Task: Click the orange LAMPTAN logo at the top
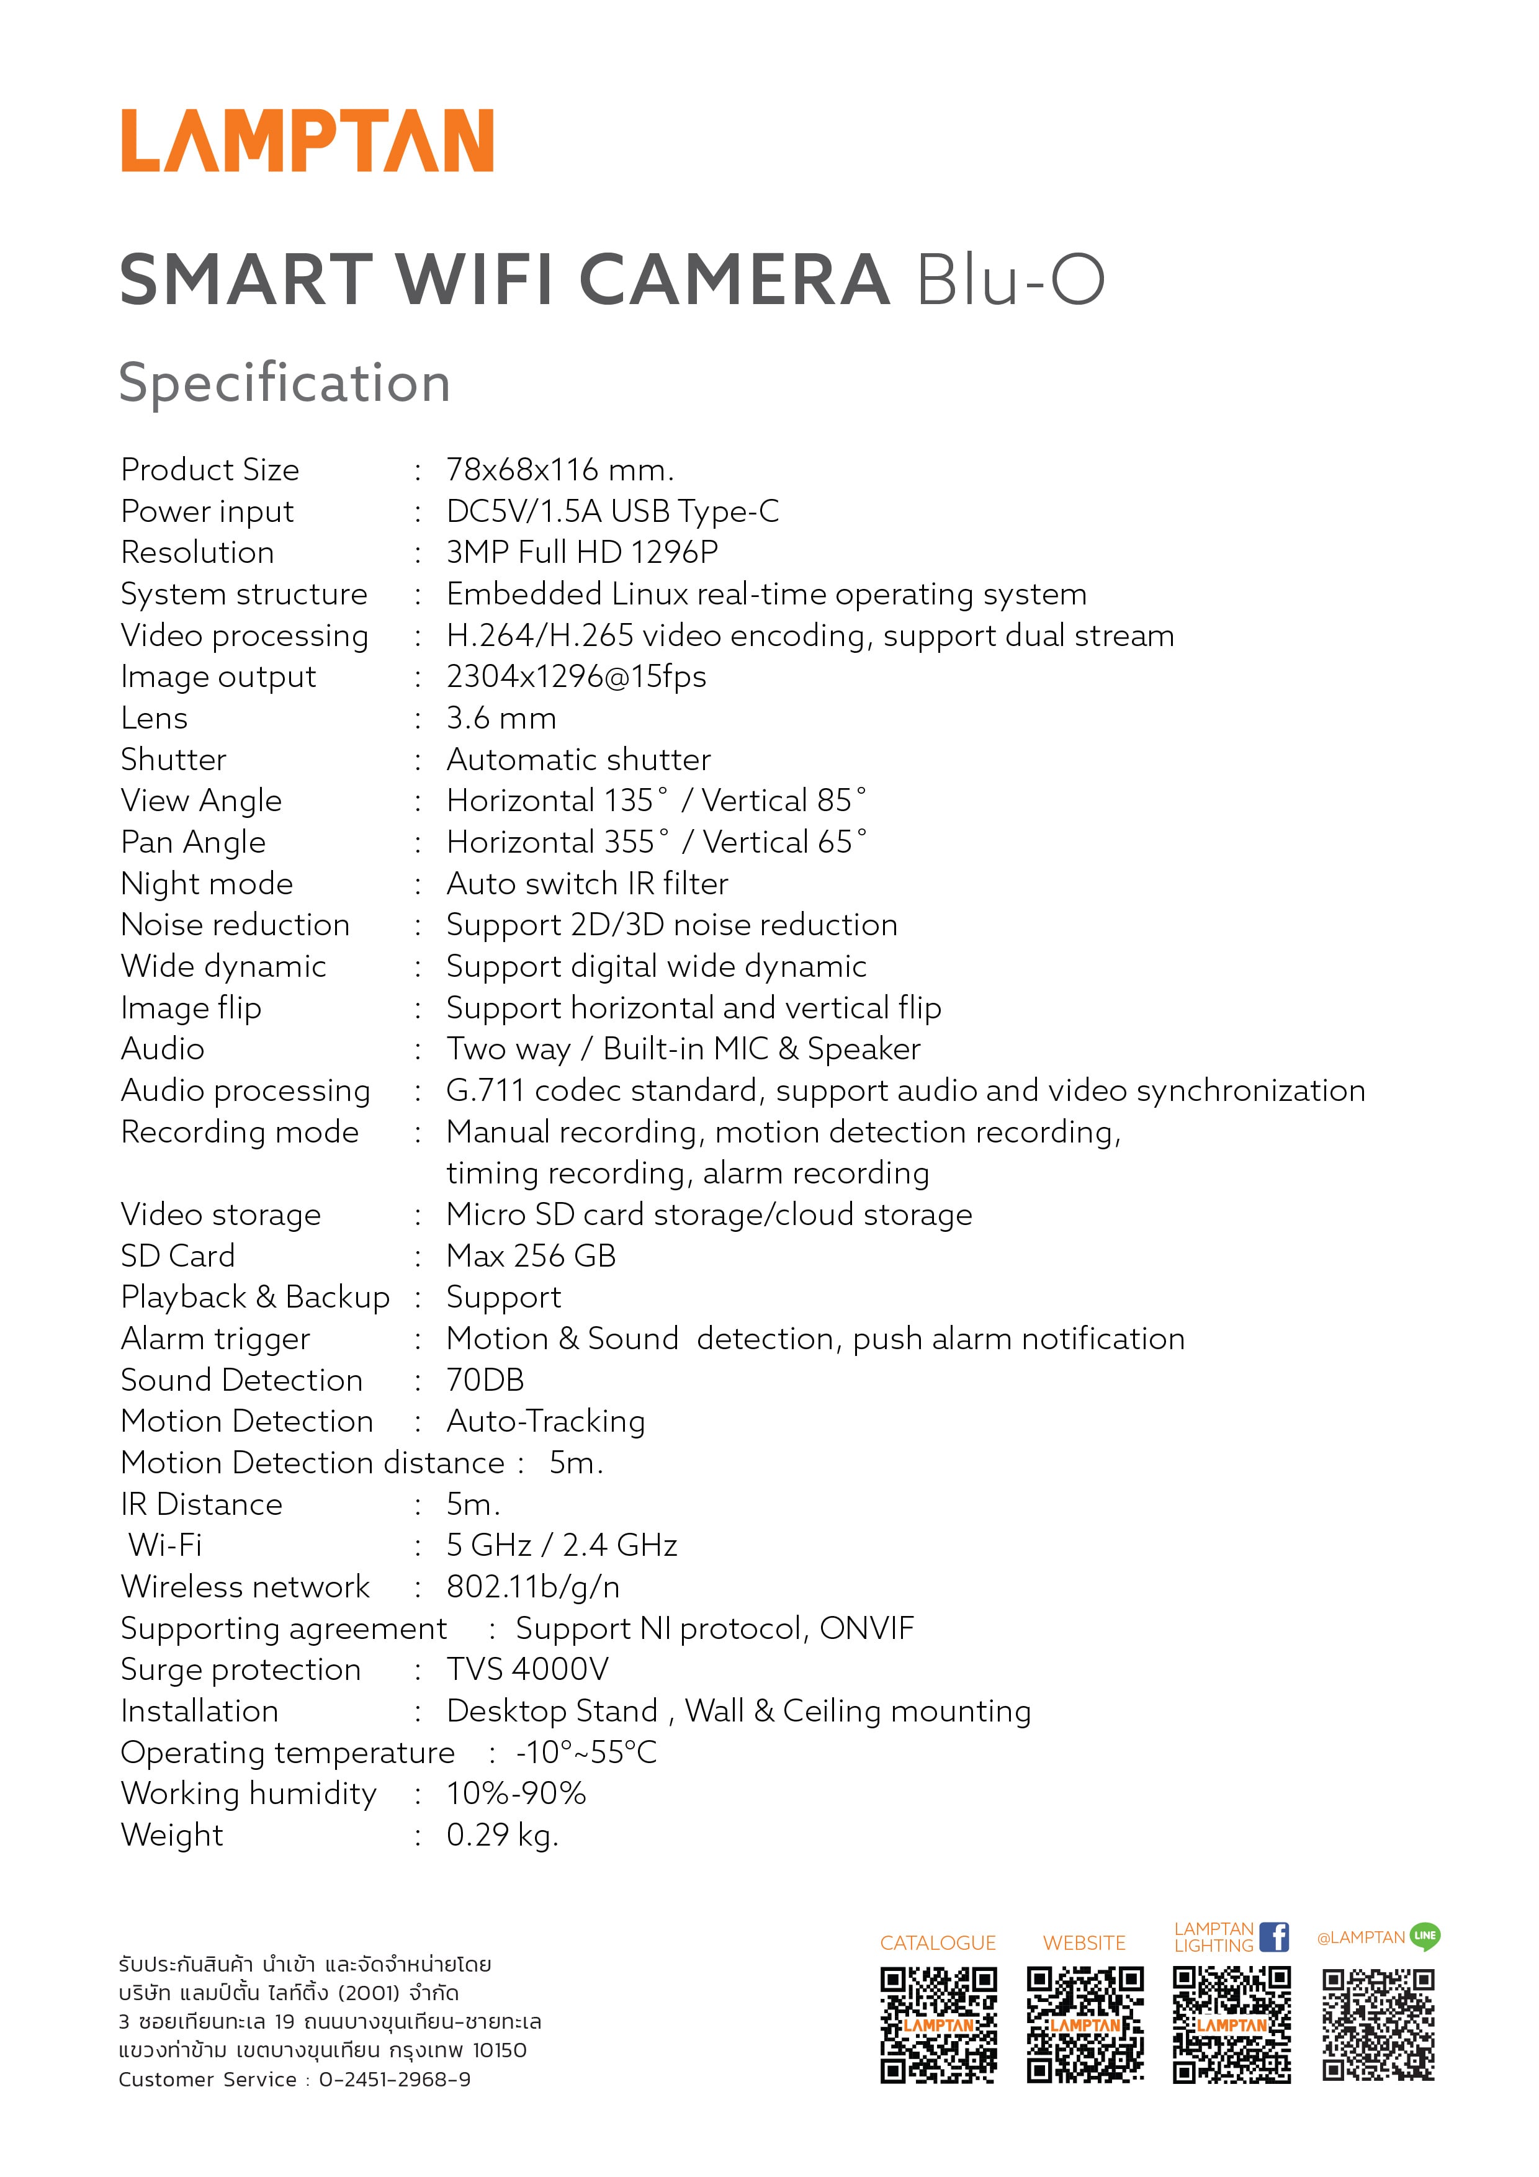307,140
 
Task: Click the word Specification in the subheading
284,383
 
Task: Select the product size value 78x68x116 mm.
560,470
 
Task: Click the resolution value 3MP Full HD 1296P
582,553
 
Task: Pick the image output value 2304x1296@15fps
576,677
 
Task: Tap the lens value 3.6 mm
501,719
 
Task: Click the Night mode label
207,884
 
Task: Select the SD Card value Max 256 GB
531,1256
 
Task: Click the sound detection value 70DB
485,1381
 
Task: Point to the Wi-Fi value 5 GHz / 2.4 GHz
562,1545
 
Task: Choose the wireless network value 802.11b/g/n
533,1587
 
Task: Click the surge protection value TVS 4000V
527,1670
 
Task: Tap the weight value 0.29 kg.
503,1836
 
